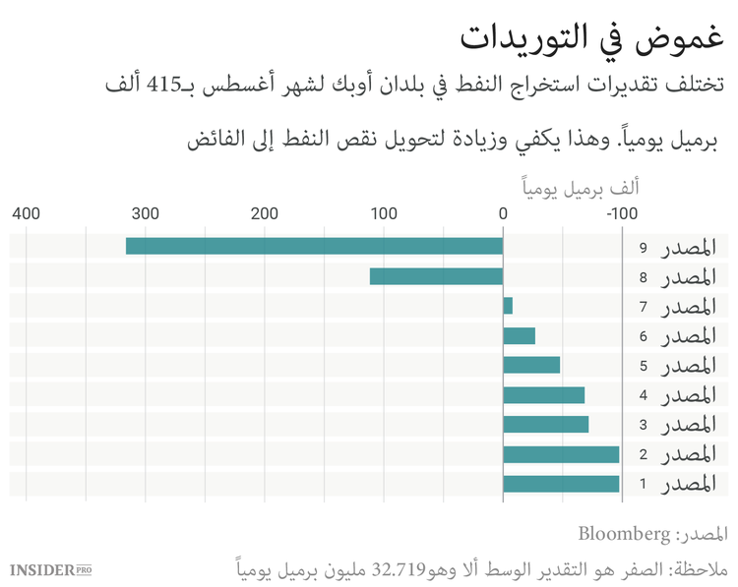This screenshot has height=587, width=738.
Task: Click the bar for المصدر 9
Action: click(314, 246)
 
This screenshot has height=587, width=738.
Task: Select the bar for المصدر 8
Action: click(436, 276)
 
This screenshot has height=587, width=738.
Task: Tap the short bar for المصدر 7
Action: click(508, 306)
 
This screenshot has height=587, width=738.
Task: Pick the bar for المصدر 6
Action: click(519, 335)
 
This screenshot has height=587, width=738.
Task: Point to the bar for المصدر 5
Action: click(531, 365)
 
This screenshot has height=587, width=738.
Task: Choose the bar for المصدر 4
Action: click(543, 394)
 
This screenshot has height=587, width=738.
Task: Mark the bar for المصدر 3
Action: click(545, 424)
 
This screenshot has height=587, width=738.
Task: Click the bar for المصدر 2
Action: click(561, 453)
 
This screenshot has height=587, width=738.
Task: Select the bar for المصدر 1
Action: click(561, 483)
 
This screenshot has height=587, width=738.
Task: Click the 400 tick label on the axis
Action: click(27, 212)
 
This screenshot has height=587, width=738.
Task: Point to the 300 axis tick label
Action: click(146, 212)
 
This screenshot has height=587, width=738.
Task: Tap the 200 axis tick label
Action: click(265, 212)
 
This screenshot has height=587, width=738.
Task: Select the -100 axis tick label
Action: click(621, 212)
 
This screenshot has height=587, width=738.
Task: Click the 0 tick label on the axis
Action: click(503, 212)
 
